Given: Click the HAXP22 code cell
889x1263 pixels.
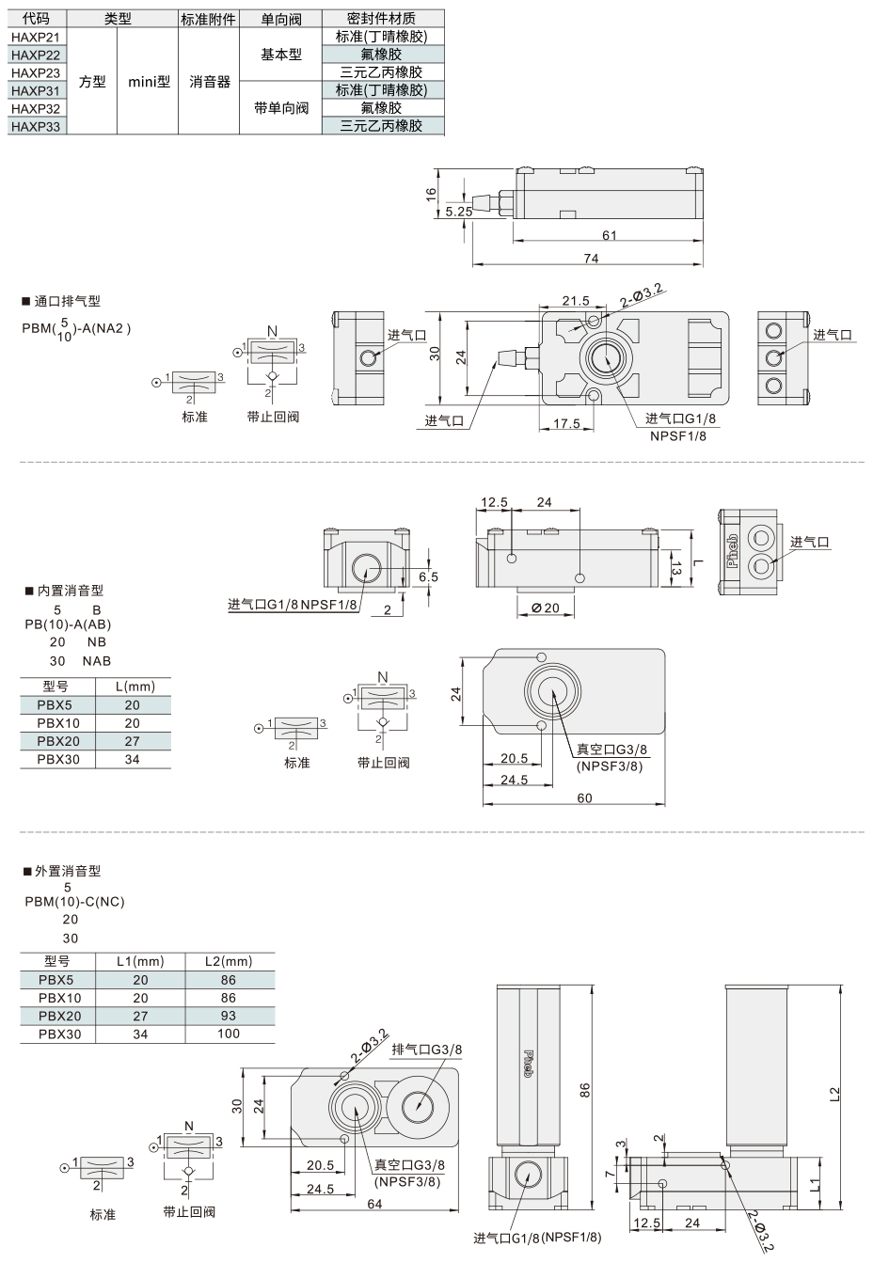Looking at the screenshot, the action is [x=36, y=55].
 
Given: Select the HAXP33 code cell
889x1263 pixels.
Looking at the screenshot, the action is [x=36, y=126].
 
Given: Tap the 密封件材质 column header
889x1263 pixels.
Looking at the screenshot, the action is [x=381, y=19].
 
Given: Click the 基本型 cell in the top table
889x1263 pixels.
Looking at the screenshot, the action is [x=281, y=55].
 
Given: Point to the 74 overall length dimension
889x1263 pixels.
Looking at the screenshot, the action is [x=591, y=259].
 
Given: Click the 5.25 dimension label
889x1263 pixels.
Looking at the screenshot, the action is [x=458, y=212].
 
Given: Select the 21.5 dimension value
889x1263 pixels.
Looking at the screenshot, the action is [x=576, y=301].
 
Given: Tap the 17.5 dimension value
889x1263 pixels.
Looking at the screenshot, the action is [x=566, y=423].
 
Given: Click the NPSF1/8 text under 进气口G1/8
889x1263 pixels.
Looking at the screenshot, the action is [x=677, y=435].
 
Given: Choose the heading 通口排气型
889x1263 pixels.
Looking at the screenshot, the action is [x=67, y=301].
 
